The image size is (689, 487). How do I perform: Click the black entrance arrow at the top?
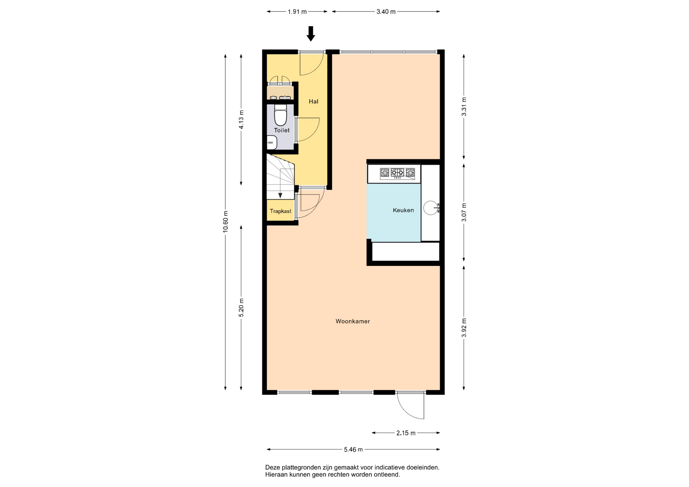[311, 34]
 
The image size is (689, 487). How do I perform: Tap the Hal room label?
[314, 101]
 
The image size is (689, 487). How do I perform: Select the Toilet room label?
[282, 130]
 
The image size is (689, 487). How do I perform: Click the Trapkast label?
[281, 211]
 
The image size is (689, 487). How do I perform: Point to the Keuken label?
[403, 210]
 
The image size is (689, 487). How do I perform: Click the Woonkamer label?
[353, 321]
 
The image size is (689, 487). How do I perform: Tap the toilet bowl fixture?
[280, 115]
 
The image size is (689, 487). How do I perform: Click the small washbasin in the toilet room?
[272, 143]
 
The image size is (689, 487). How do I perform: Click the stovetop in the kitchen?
[397, 174]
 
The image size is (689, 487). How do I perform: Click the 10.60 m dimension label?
[225, 222]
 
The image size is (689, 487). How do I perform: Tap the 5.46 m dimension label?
[353, 449]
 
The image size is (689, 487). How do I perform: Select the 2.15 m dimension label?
[406, 433]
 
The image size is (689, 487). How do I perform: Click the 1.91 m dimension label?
[297, 12]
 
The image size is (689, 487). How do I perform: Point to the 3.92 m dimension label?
[464, 328]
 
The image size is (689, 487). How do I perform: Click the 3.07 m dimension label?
[464, 212]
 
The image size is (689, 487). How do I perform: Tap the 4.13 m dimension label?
[241, 119]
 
